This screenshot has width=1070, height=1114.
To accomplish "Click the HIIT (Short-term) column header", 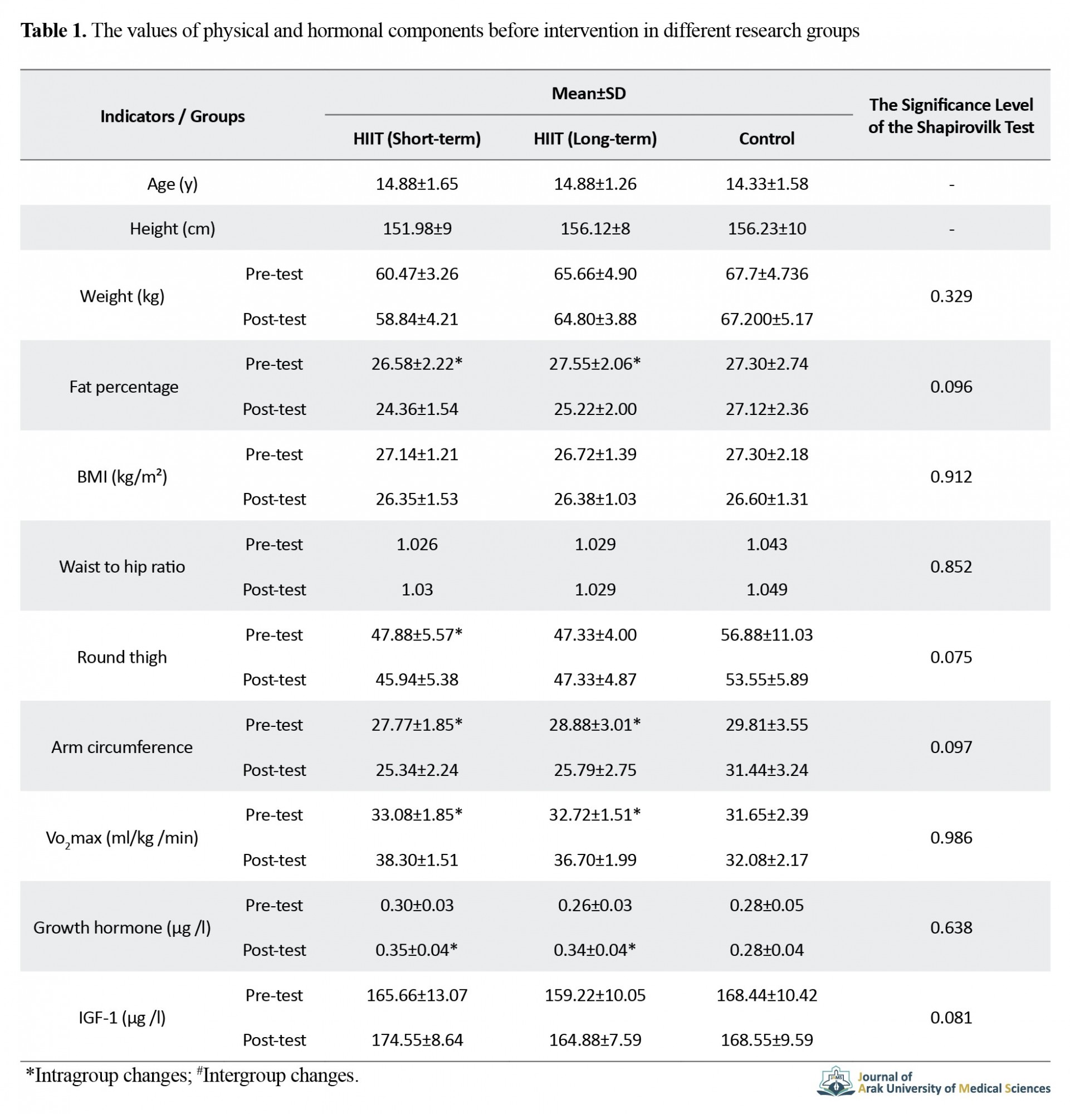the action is pos(417,139).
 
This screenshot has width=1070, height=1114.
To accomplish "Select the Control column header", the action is pos(766,139).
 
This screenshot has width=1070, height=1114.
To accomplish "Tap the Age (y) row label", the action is pos(172,184).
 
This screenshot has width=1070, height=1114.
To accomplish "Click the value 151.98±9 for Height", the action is pos(417,228).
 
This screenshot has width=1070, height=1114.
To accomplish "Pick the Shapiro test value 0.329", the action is pos(951,296).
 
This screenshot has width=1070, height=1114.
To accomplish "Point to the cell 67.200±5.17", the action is pos(766,319).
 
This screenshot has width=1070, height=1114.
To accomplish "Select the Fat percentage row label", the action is pos(123,387).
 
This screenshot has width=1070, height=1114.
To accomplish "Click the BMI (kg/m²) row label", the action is pos(122,476).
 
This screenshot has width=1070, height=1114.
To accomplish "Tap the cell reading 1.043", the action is pos(766,544).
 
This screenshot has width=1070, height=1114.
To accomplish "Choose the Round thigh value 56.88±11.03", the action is pos(766,634).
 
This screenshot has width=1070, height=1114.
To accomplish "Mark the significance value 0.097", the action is pos(951,747).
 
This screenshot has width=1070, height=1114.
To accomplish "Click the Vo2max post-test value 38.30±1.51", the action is pos(417,859).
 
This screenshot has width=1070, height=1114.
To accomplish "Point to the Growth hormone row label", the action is pos(122,927).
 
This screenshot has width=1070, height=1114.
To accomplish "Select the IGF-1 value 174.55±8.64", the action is pos(417,1039).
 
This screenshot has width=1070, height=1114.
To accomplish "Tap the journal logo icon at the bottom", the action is pos(836,1081).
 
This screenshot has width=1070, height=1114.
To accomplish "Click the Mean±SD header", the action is pos(588,93).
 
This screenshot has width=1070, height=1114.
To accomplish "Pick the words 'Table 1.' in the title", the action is pos(53,30).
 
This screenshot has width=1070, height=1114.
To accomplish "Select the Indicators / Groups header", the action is pos(172,116).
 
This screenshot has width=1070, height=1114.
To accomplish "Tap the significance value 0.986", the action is pos(951,837).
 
